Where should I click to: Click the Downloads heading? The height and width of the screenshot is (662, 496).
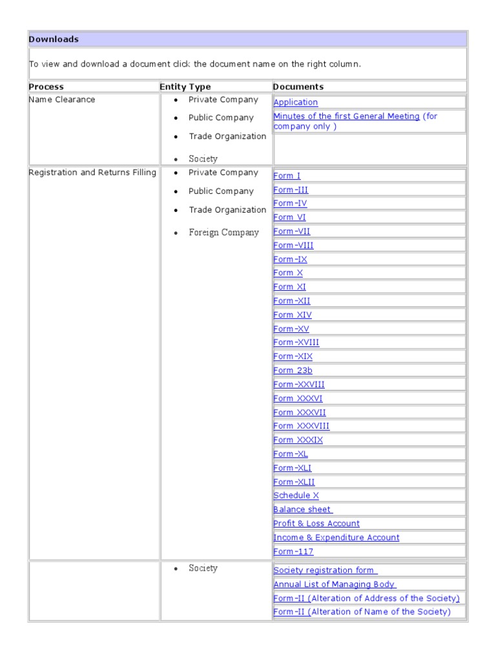54,39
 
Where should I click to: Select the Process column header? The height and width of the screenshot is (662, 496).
46,87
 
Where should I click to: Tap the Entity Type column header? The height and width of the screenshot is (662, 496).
185,87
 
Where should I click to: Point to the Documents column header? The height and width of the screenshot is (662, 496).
298,87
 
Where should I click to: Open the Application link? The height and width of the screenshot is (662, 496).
296,102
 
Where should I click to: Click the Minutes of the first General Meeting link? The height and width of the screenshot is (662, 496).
346,116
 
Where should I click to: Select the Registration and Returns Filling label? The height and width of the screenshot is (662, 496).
92,173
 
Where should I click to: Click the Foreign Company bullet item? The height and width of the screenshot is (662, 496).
223,233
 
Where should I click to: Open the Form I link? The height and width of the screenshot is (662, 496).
287,176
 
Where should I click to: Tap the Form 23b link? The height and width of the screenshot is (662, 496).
293,370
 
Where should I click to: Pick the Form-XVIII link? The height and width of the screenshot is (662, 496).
296,343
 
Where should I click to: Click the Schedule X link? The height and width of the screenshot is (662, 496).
296,496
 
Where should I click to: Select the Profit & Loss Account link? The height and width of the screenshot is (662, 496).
316,524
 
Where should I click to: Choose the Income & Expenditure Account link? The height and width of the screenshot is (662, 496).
336,538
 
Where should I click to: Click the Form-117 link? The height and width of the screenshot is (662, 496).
293,552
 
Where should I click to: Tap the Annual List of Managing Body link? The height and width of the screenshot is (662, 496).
335,584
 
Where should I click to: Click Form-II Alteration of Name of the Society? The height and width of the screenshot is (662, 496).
362,612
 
